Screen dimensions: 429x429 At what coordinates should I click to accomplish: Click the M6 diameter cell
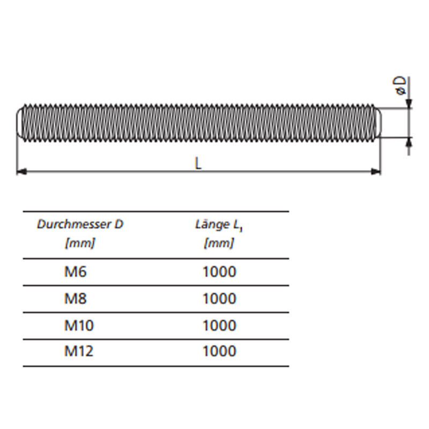point(75,272)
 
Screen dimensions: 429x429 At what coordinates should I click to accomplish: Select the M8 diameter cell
point(75,298)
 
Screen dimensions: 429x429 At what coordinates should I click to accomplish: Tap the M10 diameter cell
point(78,325)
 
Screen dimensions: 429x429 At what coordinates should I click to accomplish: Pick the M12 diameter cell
point(78,351)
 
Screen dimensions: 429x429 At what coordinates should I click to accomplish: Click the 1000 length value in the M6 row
point(219,272)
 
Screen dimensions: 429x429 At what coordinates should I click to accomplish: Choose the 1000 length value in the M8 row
point(219,298)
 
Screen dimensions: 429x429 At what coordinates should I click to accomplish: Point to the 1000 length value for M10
point(219,325)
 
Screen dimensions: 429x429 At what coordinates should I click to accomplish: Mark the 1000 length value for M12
point(219,351)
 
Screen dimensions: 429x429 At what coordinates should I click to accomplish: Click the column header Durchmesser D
point(80,224)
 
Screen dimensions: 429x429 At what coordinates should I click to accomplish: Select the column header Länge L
point(218,225)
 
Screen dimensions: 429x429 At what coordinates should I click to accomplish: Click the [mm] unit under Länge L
point(219,243)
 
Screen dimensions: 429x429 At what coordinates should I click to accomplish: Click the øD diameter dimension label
point(400,86)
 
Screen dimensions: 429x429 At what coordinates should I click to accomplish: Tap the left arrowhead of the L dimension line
point(21,171)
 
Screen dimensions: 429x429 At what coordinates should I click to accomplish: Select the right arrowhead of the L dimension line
point(376,171)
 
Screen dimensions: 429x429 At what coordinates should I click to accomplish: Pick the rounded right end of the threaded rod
point(378,123)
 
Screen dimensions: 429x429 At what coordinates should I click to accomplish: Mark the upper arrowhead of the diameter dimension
point(409,104)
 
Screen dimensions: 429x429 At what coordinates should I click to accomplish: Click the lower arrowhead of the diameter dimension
point(409,141)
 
